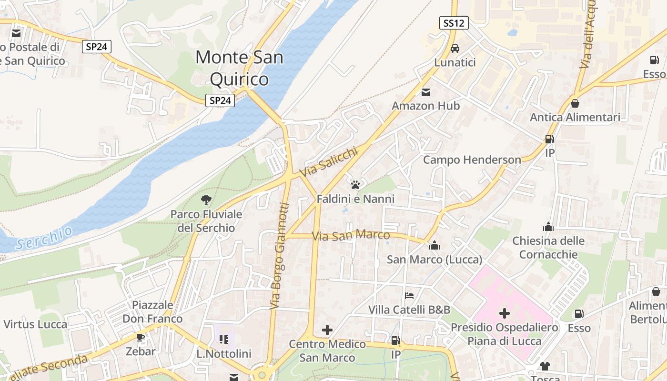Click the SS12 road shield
click(454, 23)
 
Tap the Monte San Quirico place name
click(239, 68)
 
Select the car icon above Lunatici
click(455, 49)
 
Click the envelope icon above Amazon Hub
click(425, 92)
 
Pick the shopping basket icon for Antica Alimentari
click(575, 103)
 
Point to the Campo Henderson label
click(472, 160)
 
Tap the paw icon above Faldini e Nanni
click(355, 185)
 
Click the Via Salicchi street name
click(328, 161)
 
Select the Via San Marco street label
click(351, 236)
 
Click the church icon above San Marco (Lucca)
click(435, 246)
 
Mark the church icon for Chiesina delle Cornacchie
click(548, 227)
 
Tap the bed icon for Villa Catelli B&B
click(409, 296)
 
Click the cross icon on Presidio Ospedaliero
click(504, 313)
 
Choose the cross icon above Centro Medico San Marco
click(327, 330)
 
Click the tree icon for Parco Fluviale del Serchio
click(206, 200)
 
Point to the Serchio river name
click(44, 238)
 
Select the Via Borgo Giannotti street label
click(279, 256)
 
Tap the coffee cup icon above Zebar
click(141, 338)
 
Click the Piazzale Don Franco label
click(152, 312)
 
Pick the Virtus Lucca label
click(35, 324)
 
